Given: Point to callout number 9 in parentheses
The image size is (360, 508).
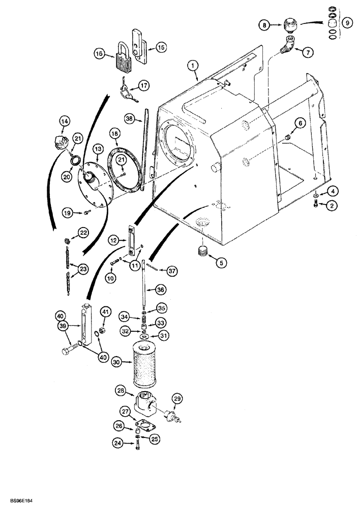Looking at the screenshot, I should coord(347,22).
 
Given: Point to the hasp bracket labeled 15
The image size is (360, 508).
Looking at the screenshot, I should coord(139,43).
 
